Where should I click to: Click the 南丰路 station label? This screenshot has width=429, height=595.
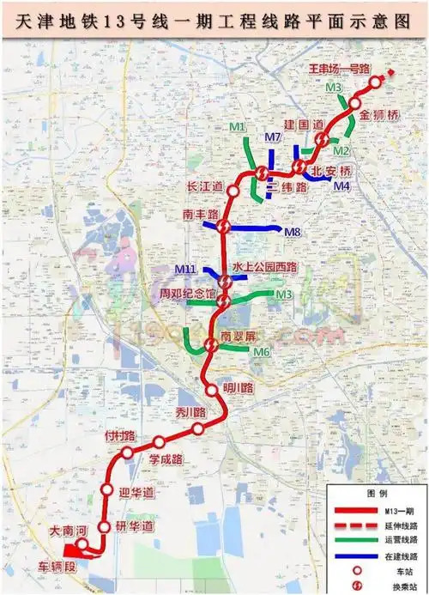pyautogui.click(x=201, y=213)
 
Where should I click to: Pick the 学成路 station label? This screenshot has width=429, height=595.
pyautogui.click(x=166, y=459)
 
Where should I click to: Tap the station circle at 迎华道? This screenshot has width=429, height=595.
pyautogui.click(x=107, y=489)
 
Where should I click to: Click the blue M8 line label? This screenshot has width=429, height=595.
pyautogui.click(x=293, y=231)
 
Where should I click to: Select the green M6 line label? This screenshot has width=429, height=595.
pyautogui.click(x=262, y=352)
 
